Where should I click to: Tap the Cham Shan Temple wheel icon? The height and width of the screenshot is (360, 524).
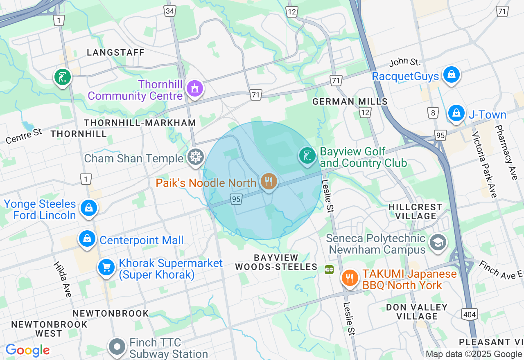[x=196, y=157]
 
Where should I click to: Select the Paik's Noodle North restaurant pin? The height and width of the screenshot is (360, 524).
[x=269, y=181]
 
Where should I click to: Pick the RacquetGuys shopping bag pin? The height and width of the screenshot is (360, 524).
[x=451, y=75]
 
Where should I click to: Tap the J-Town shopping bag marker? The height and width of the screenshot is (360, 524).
[x=456, y=113]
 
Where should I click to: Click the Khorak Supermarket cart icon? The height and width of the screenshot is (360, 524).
[x=106, y=268]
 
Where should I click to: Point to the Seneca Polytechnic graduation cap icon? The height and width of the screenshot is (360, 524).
[x=438, y=243]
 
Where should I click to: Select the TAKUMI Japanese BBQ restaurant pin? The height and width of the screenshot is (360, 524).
[x=349, y=279]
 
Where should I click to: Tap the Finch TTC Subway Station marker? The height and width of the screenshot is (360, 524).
[x=117, y=347]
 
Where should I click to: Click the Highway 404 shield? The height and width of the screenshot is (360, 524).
[x=469, y=314]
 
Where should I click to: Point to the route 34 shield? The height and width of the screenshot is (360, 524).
[x=170, y=11]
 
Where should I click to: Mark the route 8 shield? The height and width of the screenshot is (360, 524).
[x=433, y=112]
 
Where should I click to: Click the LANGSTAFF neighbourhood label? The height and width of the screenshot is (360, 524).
[x=116, y=52]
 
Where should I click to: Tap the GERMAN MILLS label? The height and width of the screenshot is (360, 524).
[x=350, y=101]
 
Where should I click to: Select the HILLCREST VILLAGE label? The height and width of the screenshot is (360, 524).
[x=415, y=211]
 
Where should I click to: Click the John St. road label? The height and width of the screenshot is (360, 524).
[x=404, y=62]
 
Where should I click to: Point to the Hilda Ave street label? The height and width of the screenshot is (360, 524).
[x=62, y=279]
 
